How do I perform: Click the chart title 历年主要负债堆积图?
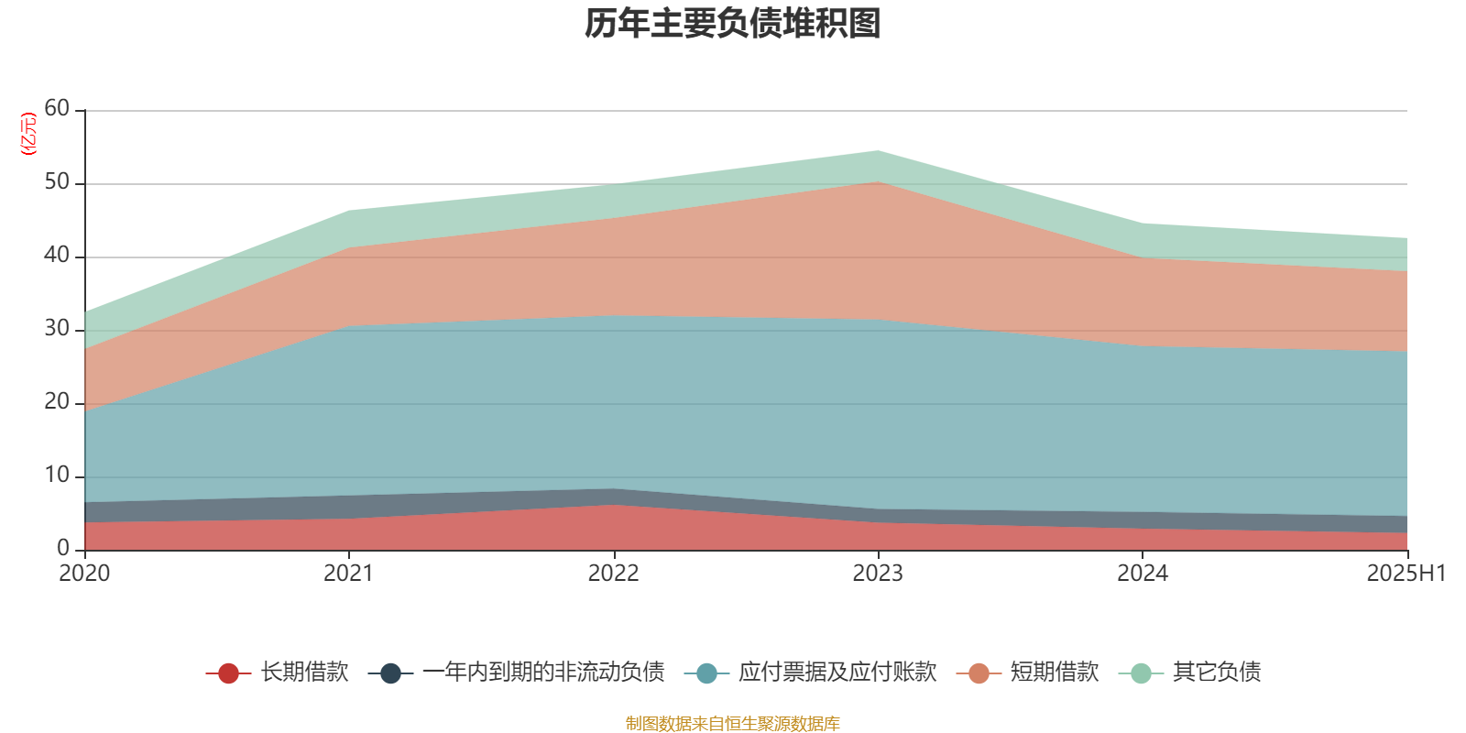[x=733, y=25]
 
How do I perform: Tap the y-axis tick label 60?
[x=57, y=108]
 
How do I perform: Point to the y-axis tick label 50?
[x=57, y=181]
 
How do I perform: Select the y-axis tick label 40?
[x=57, y=255]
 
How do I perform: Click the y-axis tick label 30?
[x=57, y=328]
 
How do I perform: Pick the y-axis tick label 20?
[x=57, y=401]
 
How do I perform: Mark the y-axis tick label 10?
[x=57, y=475]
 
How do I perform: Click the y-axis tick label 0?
[x=63, y=548]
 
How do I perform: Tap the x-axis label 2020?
[x=84, y=574]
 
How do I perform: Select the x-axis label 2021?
[x=348, y=574]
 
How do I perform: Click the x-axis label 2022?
[x=613, y=574]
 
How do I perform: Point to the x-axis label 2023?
[x=878, y=574]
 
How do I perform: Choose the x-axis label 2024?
[x=1142, y=574]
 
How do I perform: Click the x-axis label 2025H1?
[x=1406, y=574]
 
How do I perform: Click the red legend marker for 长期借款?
[x=228, y=673]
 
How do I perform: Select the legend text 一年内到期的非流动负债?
[x=543, y=673]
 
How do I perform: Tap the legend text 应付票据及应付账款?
[x=837, y=673]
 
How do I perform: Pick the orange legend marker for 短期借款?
[x=979, y=673]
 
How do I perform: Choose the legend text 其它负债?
[x=1217, y=673]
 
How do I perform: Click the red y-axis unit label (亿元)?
[x=29, y=134]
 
